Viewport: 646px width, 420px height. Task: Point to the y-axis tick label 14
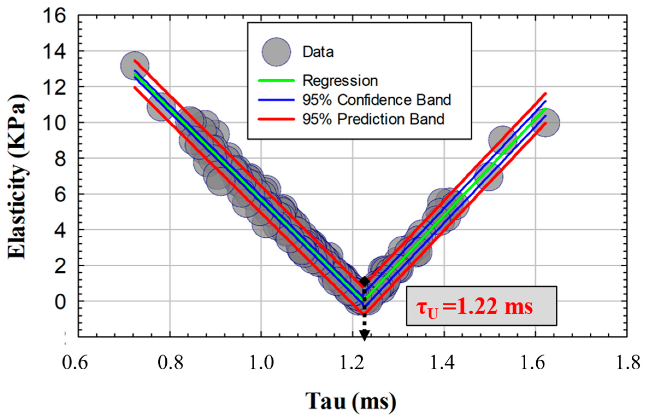(x=54, y=51)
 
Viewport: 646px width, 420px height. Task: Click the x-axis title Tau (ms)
(x=350, y=401)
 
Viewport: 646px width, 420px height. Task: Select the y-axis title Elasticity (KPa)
(x=18, y=176)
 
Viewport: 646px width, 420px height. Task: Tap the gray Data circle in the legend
(x=276, y=52)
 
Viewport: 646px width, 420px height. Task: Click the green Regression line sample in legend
(x=276, y=81)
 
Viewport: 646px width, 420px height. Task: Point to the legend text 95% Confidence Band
(x=376, y=100)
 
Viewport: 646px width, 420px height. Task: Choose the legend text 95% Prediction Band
(x=373, y=119)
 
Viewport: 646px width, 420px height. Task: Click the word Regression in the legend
(x=340, y=81)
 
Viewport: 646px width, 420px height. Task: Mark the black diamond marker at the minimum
(x=364, y=281)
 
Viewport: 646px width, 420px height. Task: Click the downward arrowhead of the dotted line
(x=364, y=335)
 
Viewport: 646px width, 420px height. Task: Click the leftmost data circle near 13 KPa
(x=134, y=66)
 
